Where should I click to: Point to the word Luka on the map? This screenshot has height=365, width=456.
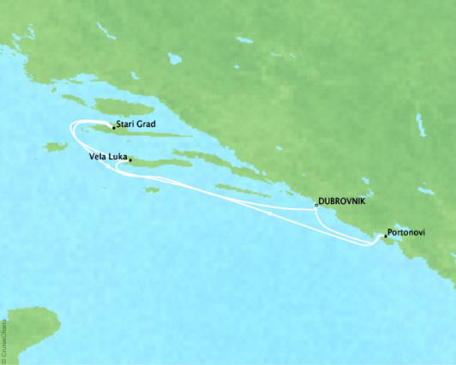click(x=118, y=158)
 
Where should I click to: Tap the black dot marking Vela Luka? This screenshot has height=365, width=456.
click(x=130, y=159)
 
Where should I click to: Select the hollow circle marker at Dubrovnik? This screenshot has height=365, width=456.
click(x=316, y=204)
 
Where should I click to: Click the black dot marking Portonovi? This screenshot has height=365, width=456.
click(x=386, y=235)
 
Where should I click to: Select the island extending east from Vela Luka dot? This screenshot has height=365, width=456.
click(x=159, y=161)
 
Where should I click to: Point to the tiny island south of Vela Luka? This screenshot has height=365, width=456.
click(x=152, y=189)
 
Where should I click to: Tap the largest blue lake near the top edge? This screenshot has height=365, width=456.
click(x=174, y=59)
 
